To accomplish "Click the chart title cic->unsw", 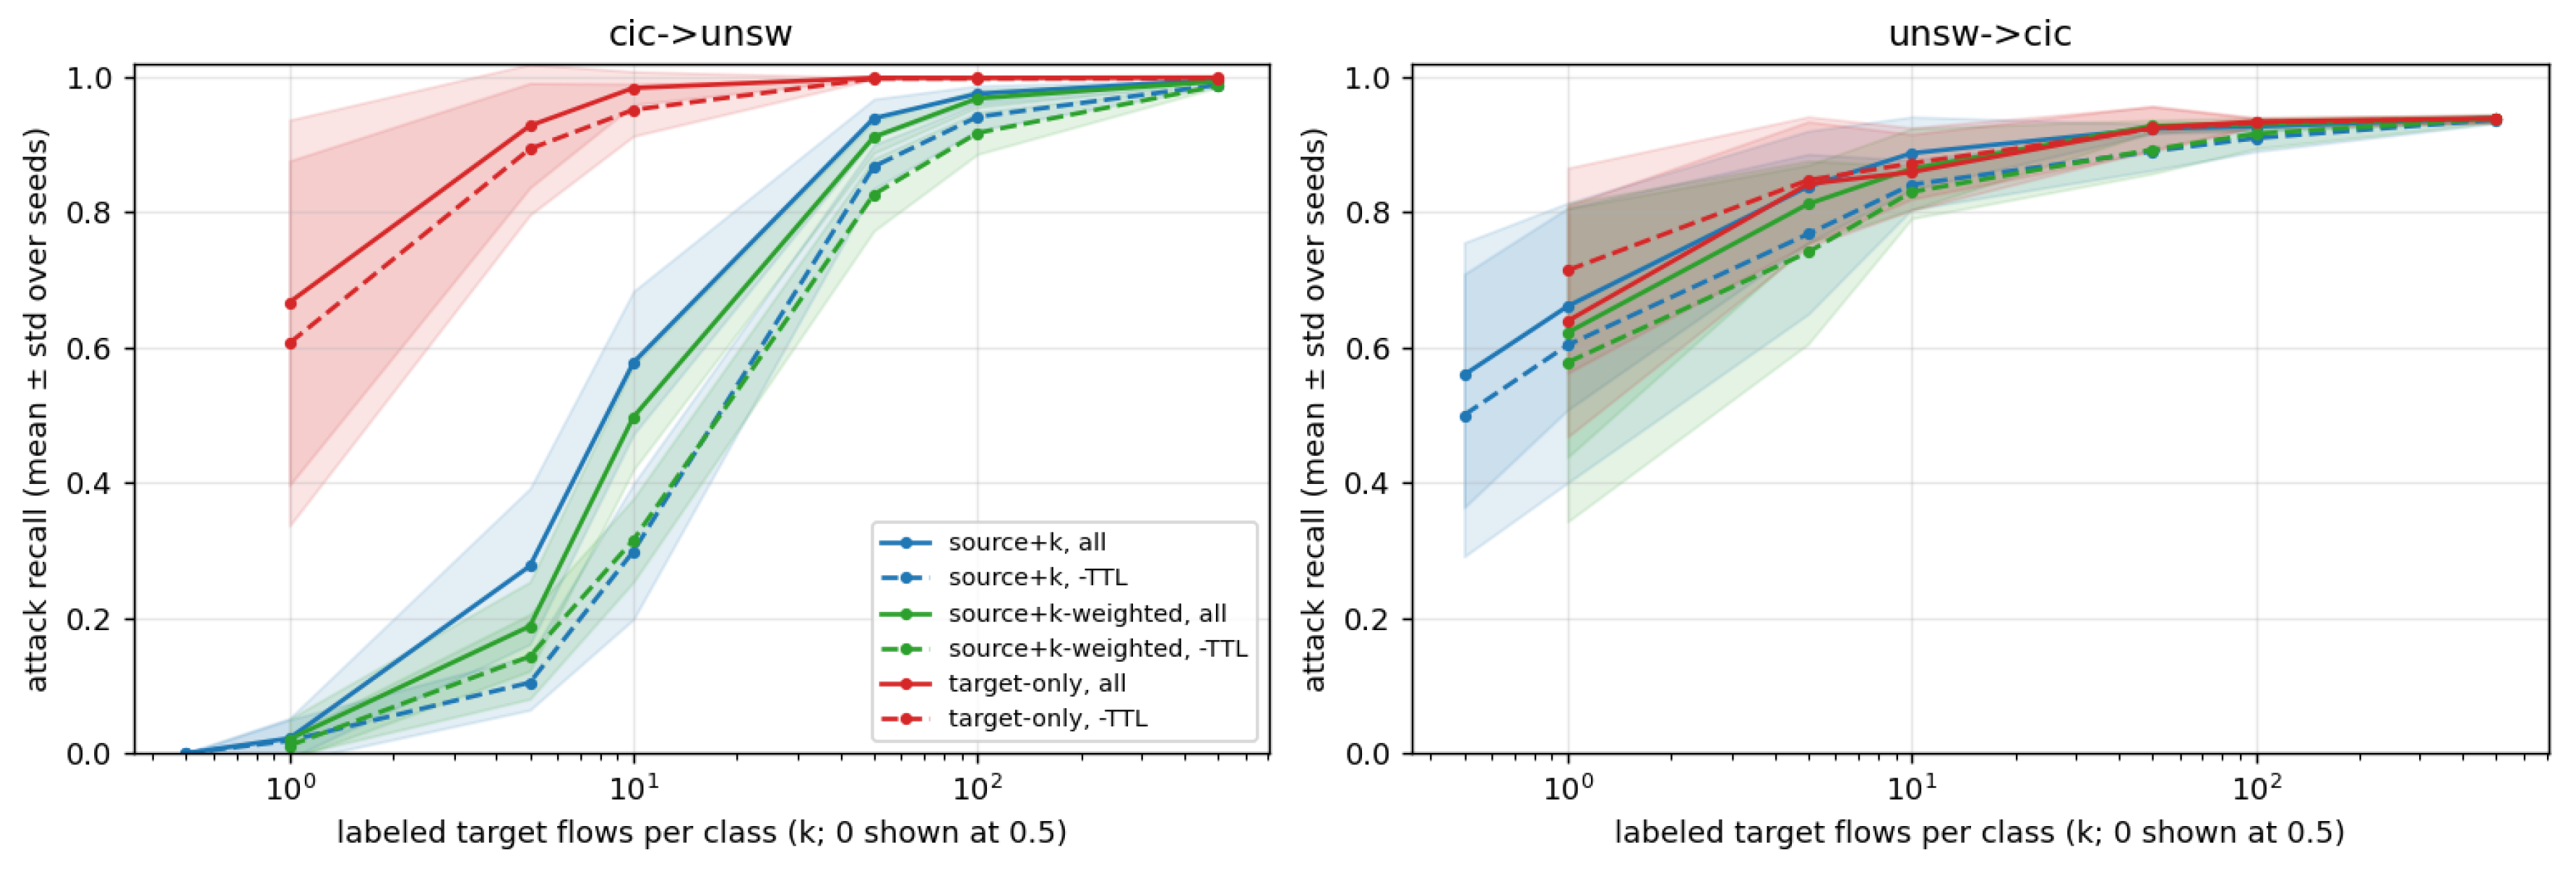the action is pos(700,34).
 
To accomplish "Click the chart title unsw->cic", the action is pos(1979,34).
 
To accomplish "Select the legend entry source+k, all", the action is pos(1027,542).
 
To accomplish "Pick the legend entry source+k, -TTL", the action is pos(1037,577).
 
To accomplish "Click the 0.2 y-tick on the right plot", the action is pos(1368,619).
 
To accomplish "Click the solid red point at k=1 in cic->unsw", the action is pos(291,303).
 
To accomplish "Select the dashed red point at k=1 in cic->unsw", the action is pos(291,343).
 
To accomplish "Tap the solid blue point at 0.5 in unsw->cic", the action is pos(1465,374).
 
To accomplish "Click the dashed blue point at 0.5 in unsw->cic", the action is pos(1465,417).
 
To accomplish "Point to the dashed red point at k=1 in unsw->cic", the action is pos(1569,270).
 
